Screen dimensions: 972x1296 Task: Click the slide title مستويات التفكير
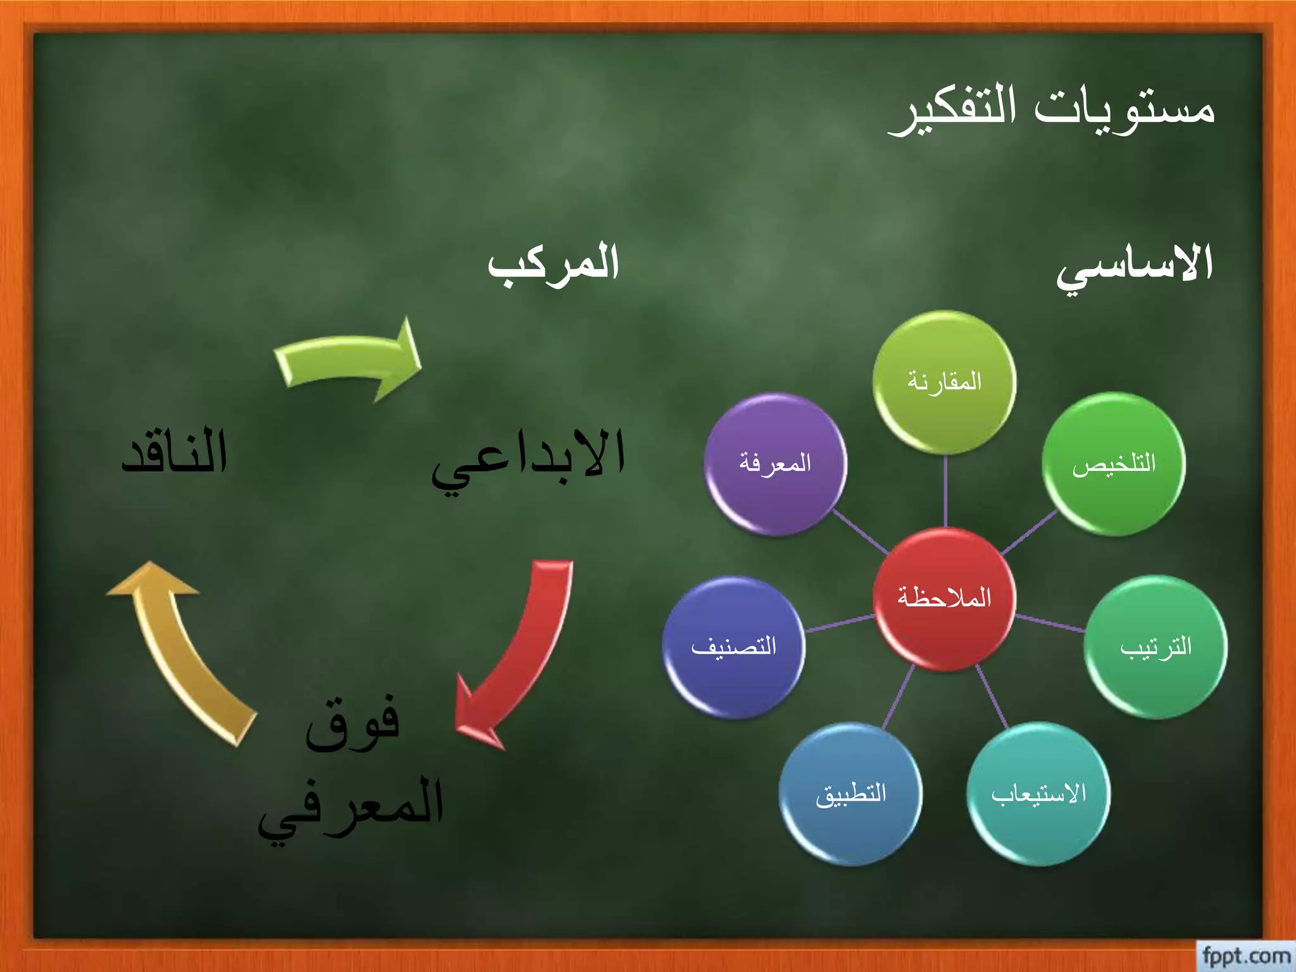(x=1052, y=109)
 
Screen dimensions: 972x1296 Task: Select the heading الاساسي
(x=1134, y=266)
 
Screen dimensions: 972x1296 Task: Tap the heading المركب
(x=553, y=265)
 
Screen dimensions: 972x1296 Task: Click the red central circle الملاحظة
(x=944, y=599)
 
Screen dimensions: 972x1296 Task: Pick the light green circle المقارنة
(x=944, y=382)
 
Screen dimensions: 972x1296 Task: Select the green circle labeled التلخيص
(x=1114, y=464)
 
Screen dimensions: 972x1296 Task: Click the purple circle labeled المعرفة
(x=775, y=464)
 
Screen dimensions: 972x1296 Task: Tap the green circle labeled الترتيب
(x=1156, y=647)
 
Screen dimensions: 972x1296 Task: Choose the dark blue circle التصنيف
(x=733, y=647)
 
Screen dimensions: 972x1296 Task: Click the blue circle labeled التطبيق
(x=850, y=794)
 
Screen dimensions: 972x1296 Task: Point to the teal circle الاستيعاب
(x=1038, y=794)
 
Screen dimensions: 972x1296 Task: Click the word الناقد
(x=175, y=452)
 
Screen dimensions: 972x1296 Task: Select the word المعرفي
(x=351, y=807)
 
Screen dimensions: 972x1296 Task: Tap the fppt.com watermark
(x=1245, y=956)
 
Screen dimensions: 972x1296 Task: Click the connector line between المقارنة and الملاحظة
(x=945, y=490)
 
